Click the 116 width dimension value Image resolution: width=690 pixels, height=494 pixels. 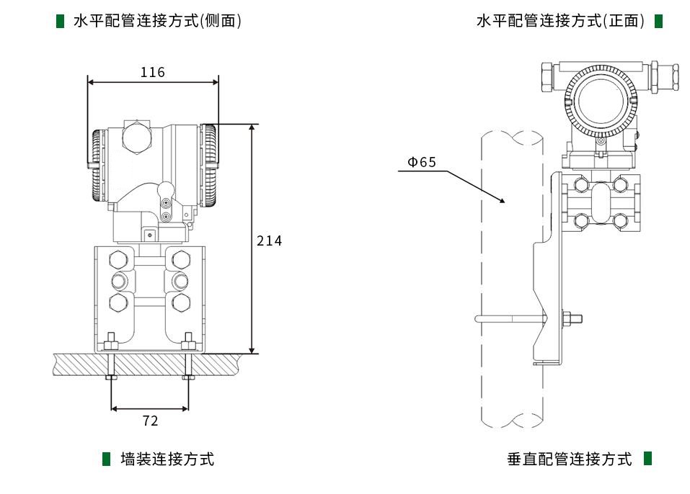[152, 72]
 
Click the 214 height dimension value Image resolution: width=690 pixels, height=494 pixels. [270, 241]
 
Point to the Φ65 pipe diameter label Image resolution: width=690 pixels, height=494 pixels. [422, 162]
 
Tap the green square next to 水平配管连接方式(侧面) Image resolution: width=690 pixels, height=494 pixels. [61, 21]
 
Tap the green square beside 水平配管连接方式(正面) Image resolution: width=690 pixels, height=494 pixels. [658, 21]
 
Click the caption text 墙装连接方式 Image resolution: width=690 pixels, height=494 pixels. [167, 459]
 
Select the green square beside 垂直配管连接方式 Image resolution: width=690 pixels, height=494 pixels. [647, 458]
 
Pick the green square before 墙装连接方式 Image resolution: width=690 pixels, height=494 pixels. [107, 459]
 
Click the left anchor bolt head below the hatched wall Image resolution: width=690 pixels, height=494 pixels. [110, 377]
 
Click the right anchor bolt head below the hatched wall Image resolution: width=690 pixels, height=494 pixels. [188, 377]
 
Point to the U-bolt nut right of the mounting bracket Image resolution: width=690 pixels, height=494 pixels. [571, 318]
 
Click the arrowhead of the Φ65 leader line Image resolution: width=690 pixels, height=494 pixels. [506, 202]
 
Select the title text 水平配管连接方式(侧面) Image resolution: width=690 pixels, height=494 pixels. [158, 21]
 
